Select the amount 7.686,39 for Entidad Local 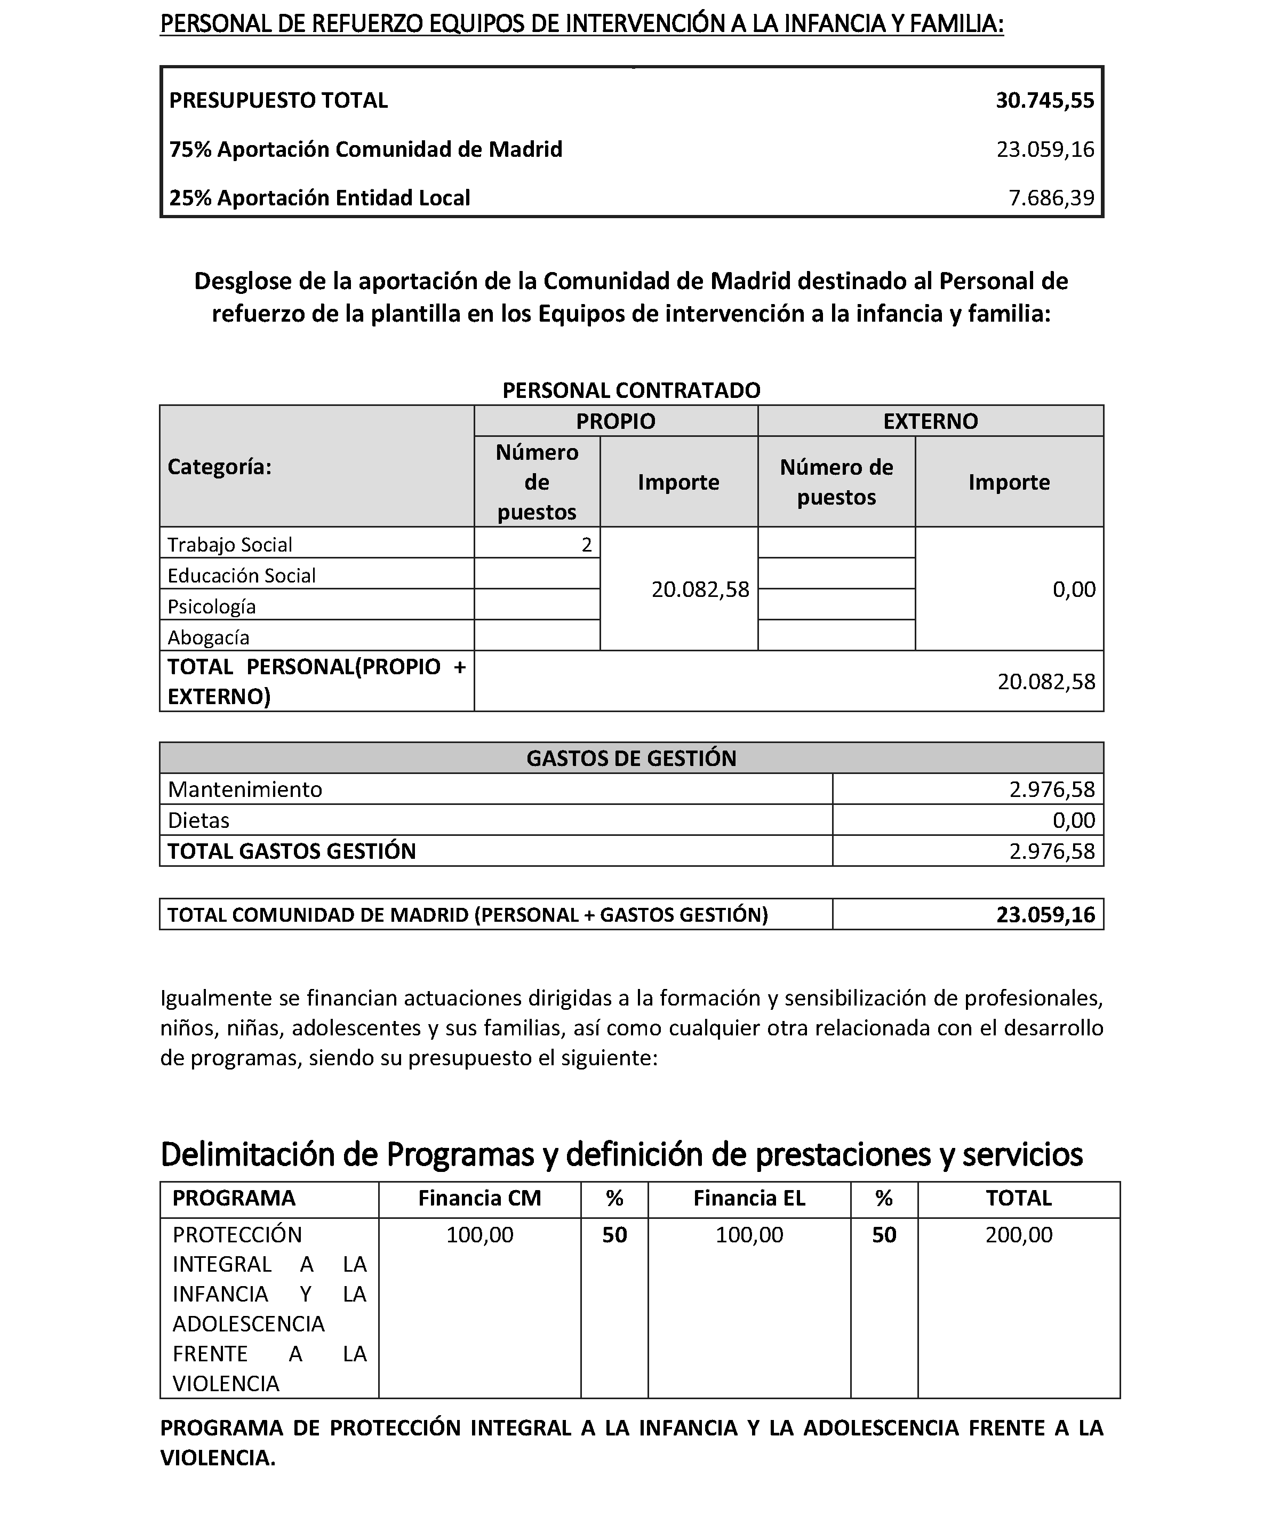click(1051, 198)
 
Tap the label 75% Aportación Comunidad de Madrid click(365, 149)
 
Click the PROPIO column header click(615, 421)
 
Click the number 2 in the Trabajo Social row click(586, 545)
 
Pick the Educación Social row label click(242, 576)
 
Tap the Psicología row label click(212, 607)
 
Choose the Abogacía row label click(208, 637)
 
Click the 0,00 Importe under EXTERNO click(1073, 589)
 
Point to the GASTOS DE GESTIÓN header click(631, 758)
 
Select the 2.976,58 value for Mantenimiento click(1051, 789)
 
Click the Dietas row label click(198, 820)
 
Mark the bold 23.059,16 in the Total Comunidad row click(1045, 914)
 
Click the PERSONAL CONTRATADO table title click(631, 390)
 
